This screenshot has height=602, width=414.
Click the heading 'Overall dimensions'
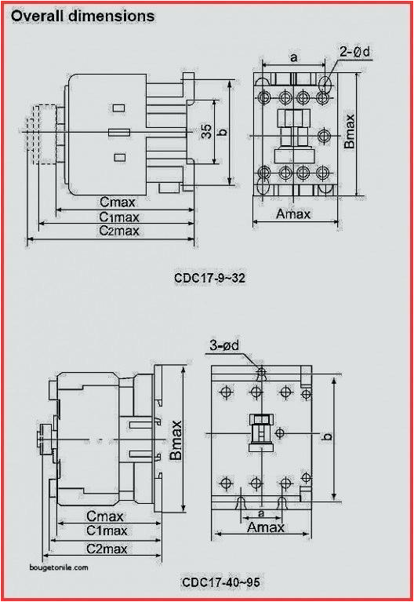pyautogui.click(x=82, y=16)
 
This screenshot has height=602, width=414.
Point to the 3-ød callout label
pyautogui.click(x=224, y=345)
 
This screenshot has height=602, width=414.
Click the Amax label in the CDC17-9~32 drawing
pyautogui.click(x=296, y=213)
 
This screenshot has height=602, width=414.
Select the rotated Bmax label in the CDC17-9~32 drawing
pyautogui.click(x=350, y=130)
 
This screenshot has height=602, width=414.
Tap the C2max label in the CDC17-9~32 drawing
pyautogui.click(x=119, y=231)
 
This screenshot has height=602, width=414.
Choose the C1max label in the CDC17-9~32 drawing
pyautogui.click(x=119, y=217)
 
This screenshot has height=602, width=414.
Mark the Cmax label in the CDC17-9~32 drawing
pyautogui.click(x=117, y=202)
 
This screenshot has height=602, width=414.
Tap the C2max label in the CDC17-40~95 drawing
pyautogui.click(x=107, y=548)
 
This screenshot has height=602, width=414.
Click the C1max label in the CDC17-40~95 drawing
pyautogui.click(x=107, y=531)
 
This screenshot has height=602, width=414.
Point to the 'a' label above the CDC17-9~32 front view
pyautogui.click(x=293, y=57)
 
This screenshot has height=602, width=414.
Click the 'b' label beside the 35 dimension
pyautogui.click(x=222, y=132)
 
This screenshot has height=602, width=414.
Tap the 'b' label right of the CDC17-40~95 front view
pyautogui.click(x=329, y=436)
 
